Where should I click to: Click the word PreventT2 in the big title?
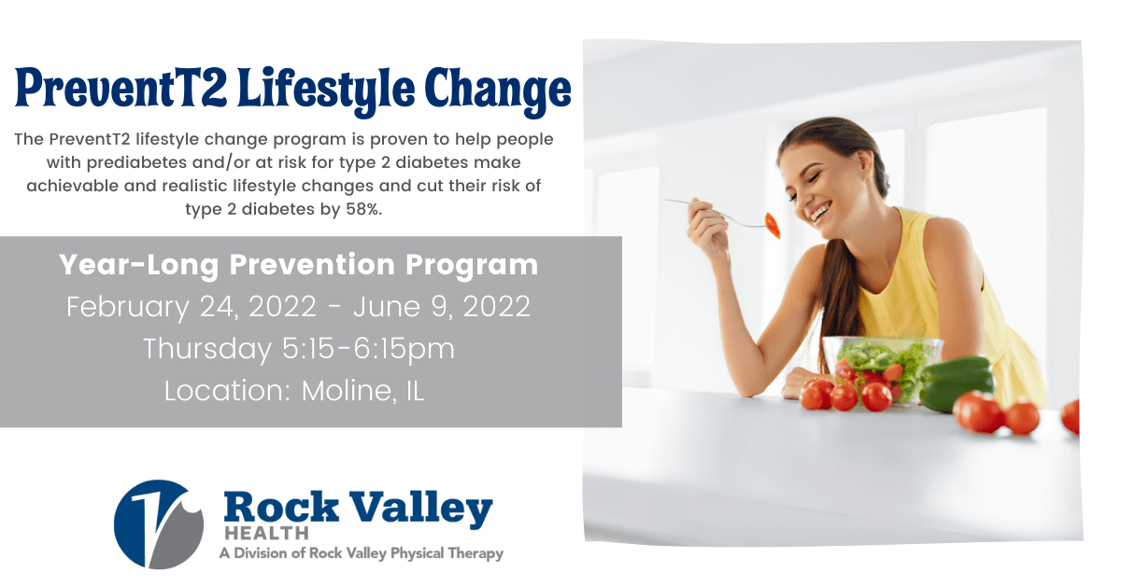click(x=121, y=88)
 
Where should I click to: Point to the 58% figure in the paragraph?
click(x=363, y=209)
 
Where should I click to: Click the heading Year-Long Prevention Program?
click(x=298, y=265)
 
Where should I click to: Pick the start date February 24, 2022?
click(x=192, y=306)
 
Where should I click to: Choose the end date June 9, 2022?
click(x=441, y=306)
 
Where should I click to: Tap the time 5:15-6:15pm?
click(x=368, y=348)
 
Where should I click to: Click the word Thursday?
click(x=207, y=348)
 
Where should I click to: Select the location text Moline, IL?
click(x=362, y=390)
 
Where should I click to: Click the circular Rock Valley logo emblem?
click(x=159, y=524)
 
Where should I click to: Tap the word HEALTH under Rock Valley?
click(x=266, y=534)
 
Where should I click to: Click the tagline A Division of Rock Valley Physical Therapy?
click(x=362, y=553)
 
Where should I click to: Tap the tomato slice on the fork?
click(x=773, y=225)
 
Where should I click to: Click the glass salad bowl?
click(x=882, y=370)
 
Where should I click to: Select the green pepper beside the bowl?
click(x=957, y=384)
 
